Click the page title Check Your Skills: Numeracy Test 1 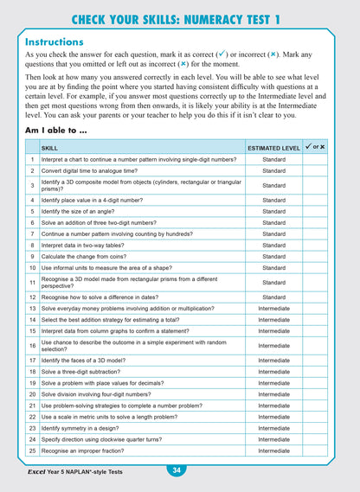click(180, 19)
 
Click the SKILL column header click(51, 148)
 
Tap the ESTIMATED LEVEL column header click(273, 148)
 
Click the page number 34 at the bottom click(176, 470)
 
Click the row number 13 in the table click(32, 308)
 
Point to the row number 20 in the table click(32, 393)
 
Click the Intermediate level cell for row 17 click(273, 360)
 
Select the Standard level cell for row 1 click(273, 159)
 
